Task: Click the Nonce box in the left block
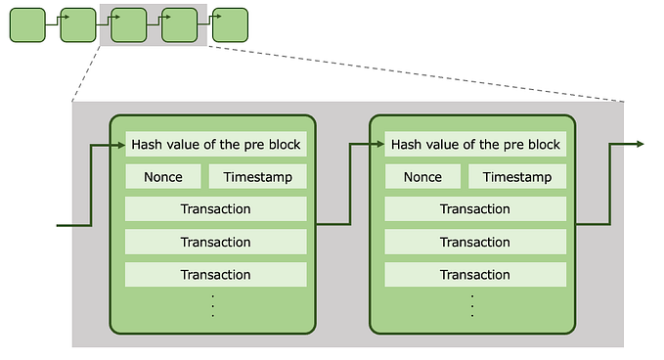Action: (x=163, y=177)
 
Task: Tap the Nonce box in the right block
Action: (x=422, y=177)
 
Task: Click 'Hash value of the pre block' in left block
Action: (x=216, y=145)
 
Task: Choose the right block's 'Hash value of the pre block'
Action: (x=475, y=145)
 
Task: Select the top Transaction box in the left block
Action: (x=216, y=209)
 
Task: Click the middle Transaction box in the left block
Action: (x=216, y=242)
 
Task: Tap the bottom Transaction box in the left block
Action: (x=216, y=275)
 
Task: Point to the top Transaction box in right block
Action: (x=475, y=209)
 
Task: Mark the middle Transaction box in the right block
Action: (x=475, y=242)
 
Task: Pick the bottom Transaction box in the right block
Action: (x=475, y=275)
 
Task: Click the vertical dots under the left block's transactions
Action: (x=213, y=305)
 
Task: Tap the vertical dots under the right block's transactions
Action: (x=472, y=305)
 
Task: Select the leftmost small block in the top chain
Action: (x=27, y=24)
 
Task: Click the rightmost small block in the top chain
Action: (x=230, y=24)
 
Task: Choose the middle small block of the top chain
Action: (x=128, y=24)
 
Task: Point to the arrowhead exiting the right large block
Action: (x=639, y=144)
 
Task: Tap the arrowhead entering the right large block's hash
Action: (x=379, y=145)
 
